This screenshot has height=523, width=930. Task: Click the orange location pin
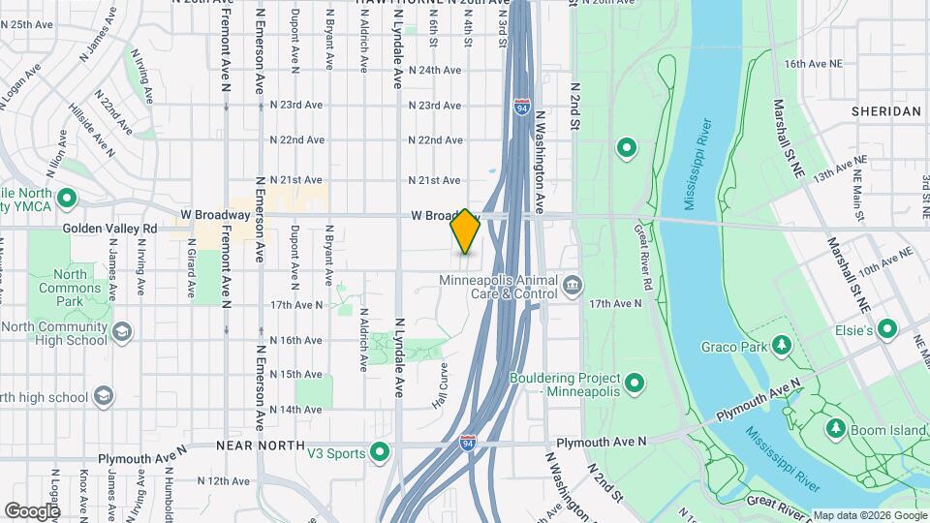pyautogui.click(x=466, y=231)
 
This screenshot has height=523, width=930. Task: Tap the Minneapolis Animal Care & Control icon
pyautogui.click(x=573, y=285)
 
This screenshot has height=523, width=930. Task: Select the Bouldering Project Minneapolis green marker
pyautogui.click(x=635, y=385)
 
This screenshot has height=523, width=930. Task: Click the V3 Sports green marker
pyautogui.click(x=381, y=452)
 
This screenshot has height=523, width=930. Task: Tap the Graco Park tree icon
pyautogui.click(x=781, y=346)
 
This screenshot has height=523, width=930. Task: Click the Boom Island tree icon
pyautogui.click(x=834, y=428)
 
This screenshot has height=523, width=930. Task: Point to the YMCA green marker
pyautogui.click(x=67, y=200)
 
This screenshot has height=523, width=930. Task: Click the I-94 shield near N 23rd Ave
pyautogui.click(x=522, y=105)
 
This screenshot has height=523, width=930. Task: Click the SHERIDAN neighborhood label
pyautogui.click(x=885, y=111)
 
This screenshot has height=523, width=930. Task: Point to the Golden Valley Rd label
pyautogui.click(x=109, y=228)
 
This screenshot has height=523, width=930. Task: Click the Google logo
pyautogui.click(x=32, y=510)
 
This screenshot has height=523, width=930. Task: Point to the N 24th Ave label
pyautogui.click(x=434, y=70)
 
